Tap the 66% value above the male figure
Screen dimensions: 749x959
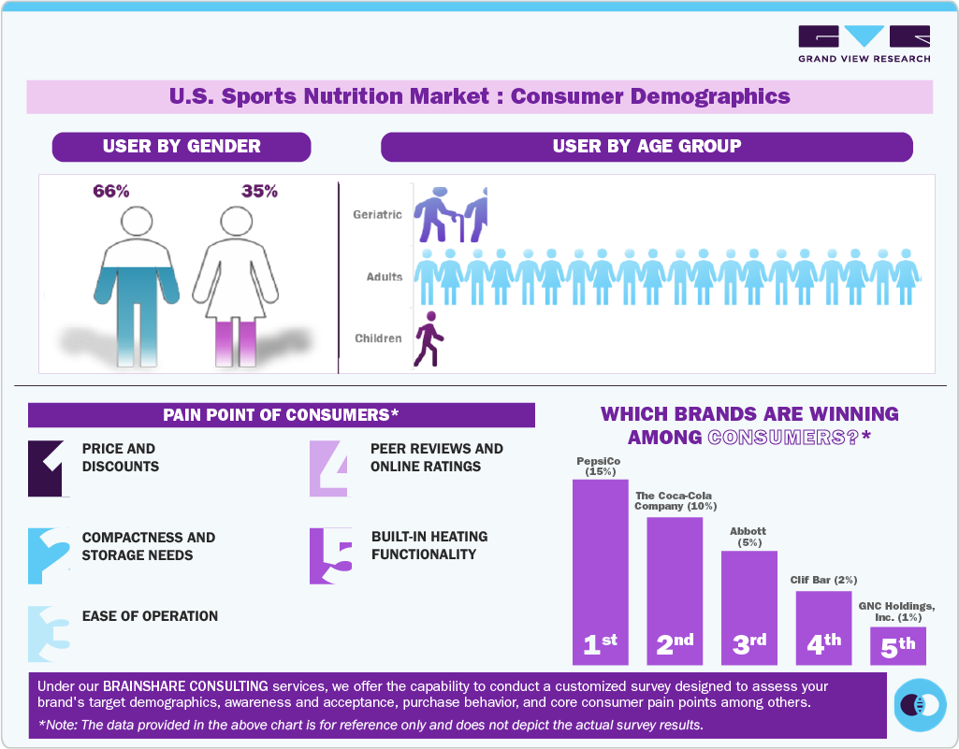click(111, 192)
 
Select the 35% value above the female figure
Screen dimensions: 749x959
click(259, 192)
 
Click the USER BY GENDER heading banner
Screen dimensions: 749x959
click(182, 147)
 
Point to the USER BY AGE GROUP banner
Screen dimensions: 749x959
click(647, 147)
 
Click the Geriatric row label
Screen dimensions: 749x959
click(377, 215)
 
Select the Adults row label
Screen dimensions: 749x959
click(385, 277)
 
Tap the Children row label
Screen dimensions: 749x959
click(378, 338)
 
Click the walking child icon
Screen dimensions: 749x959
click(429, 339)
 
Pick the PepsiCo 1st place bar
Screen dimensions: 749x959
click(600, 570)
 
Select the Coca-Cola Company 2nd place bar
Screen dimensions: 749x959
click(675, 589)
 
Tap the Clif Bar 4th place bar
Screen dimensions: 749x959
click(824, 627)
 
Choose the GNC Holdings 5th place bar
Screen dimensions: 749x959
click(898, 644)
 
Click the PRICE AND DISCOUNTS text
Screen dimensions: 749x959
click(120, 457)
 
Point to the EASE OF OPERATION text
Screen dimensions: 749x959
click(150, 616)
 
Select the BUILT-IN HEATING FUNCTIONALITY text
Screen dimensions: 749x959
click(429, 545)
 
